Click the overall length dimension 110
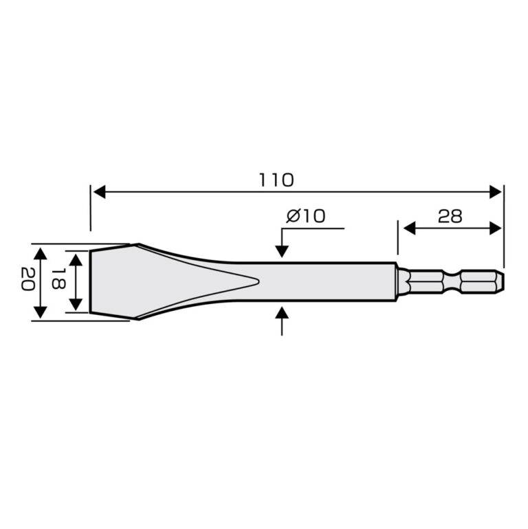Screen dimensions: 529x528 pos(276,180)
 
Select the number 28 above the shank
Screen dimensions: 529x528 pos(450,217)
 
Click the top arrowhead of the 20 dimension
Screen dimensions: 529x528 pos(41,250)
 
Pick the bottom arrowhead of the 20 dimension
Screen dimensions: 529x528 pos(41,312)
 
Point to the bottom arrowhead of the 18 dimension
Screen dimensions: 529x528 pos(78,307)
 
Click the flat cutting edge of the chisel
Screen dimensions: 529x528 pos(91,281)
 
